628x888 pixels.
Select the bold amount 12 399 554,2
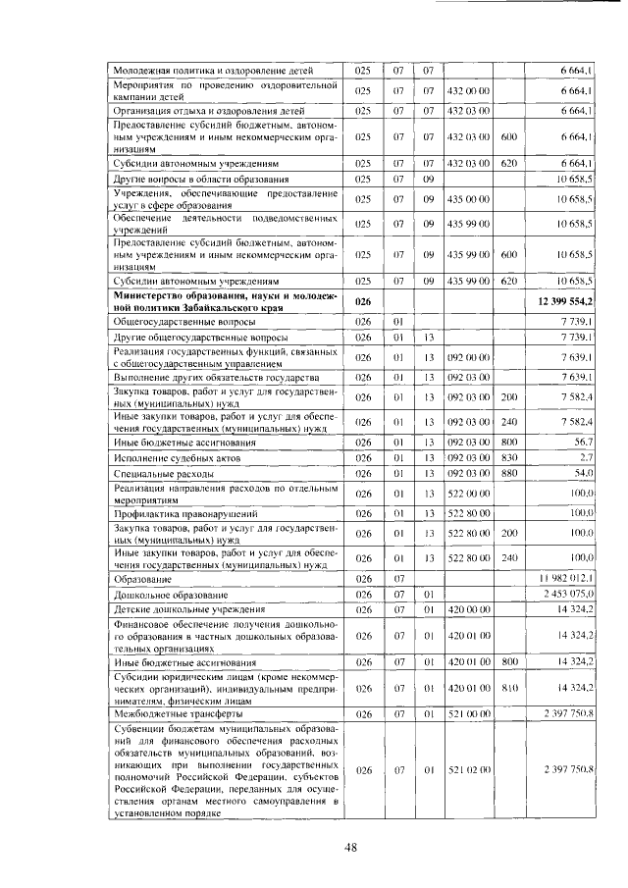[x=564, y=300]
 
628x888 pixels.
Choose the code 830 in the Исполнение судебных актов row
[x=508, y=457]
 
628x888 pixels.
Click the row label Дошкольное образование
[x=172, y=595]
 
